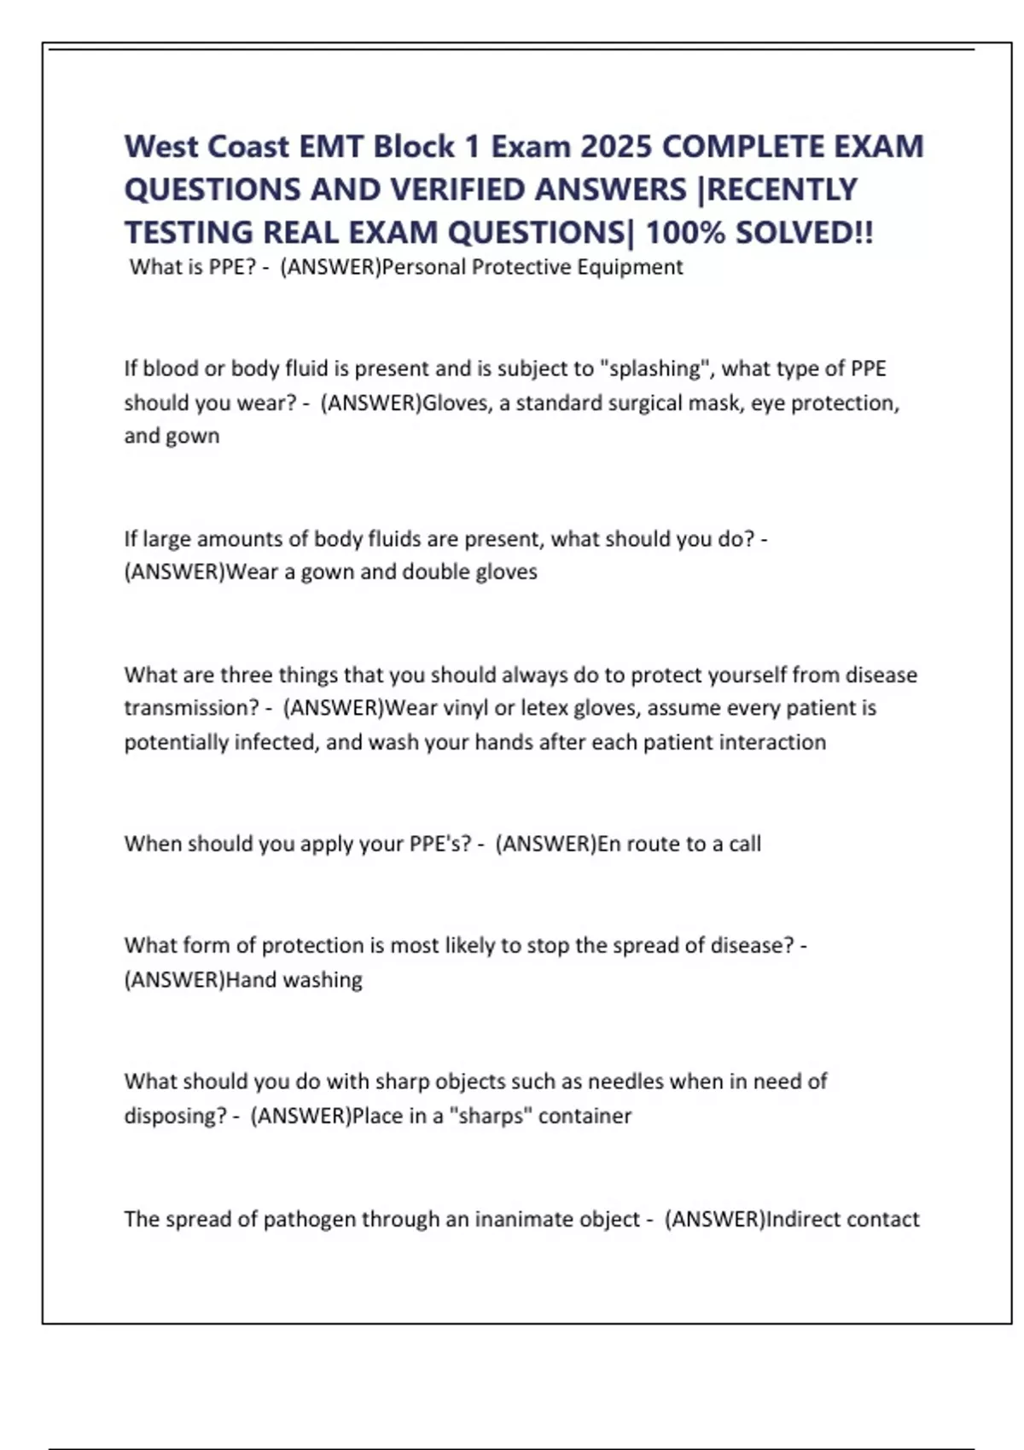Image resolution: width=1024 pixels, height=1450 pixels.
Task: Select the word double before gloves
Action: (434, 571)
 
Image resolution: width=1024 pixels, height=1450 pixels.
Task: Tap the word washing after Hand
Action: (323, 979)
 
